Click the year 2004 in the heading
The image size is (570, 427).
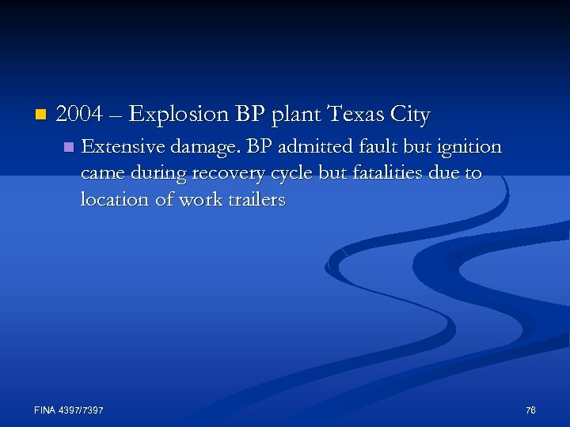[80, 115]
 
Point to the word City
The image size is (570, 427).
[409, 115]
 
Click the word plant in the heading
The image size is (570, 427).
[293, 115]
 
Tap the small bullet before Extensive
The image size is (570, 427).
[67, 147]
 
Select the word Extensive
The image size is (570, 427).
[118, 147]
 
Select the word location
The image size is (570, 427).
[114, 200]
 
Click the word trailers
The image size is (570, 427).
[254, 200]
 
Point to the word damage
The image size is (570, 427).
[205, 148]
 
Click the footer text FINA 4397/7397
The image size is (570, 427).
[69, 410]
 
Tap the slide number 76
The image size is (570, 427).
[530, 410]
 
